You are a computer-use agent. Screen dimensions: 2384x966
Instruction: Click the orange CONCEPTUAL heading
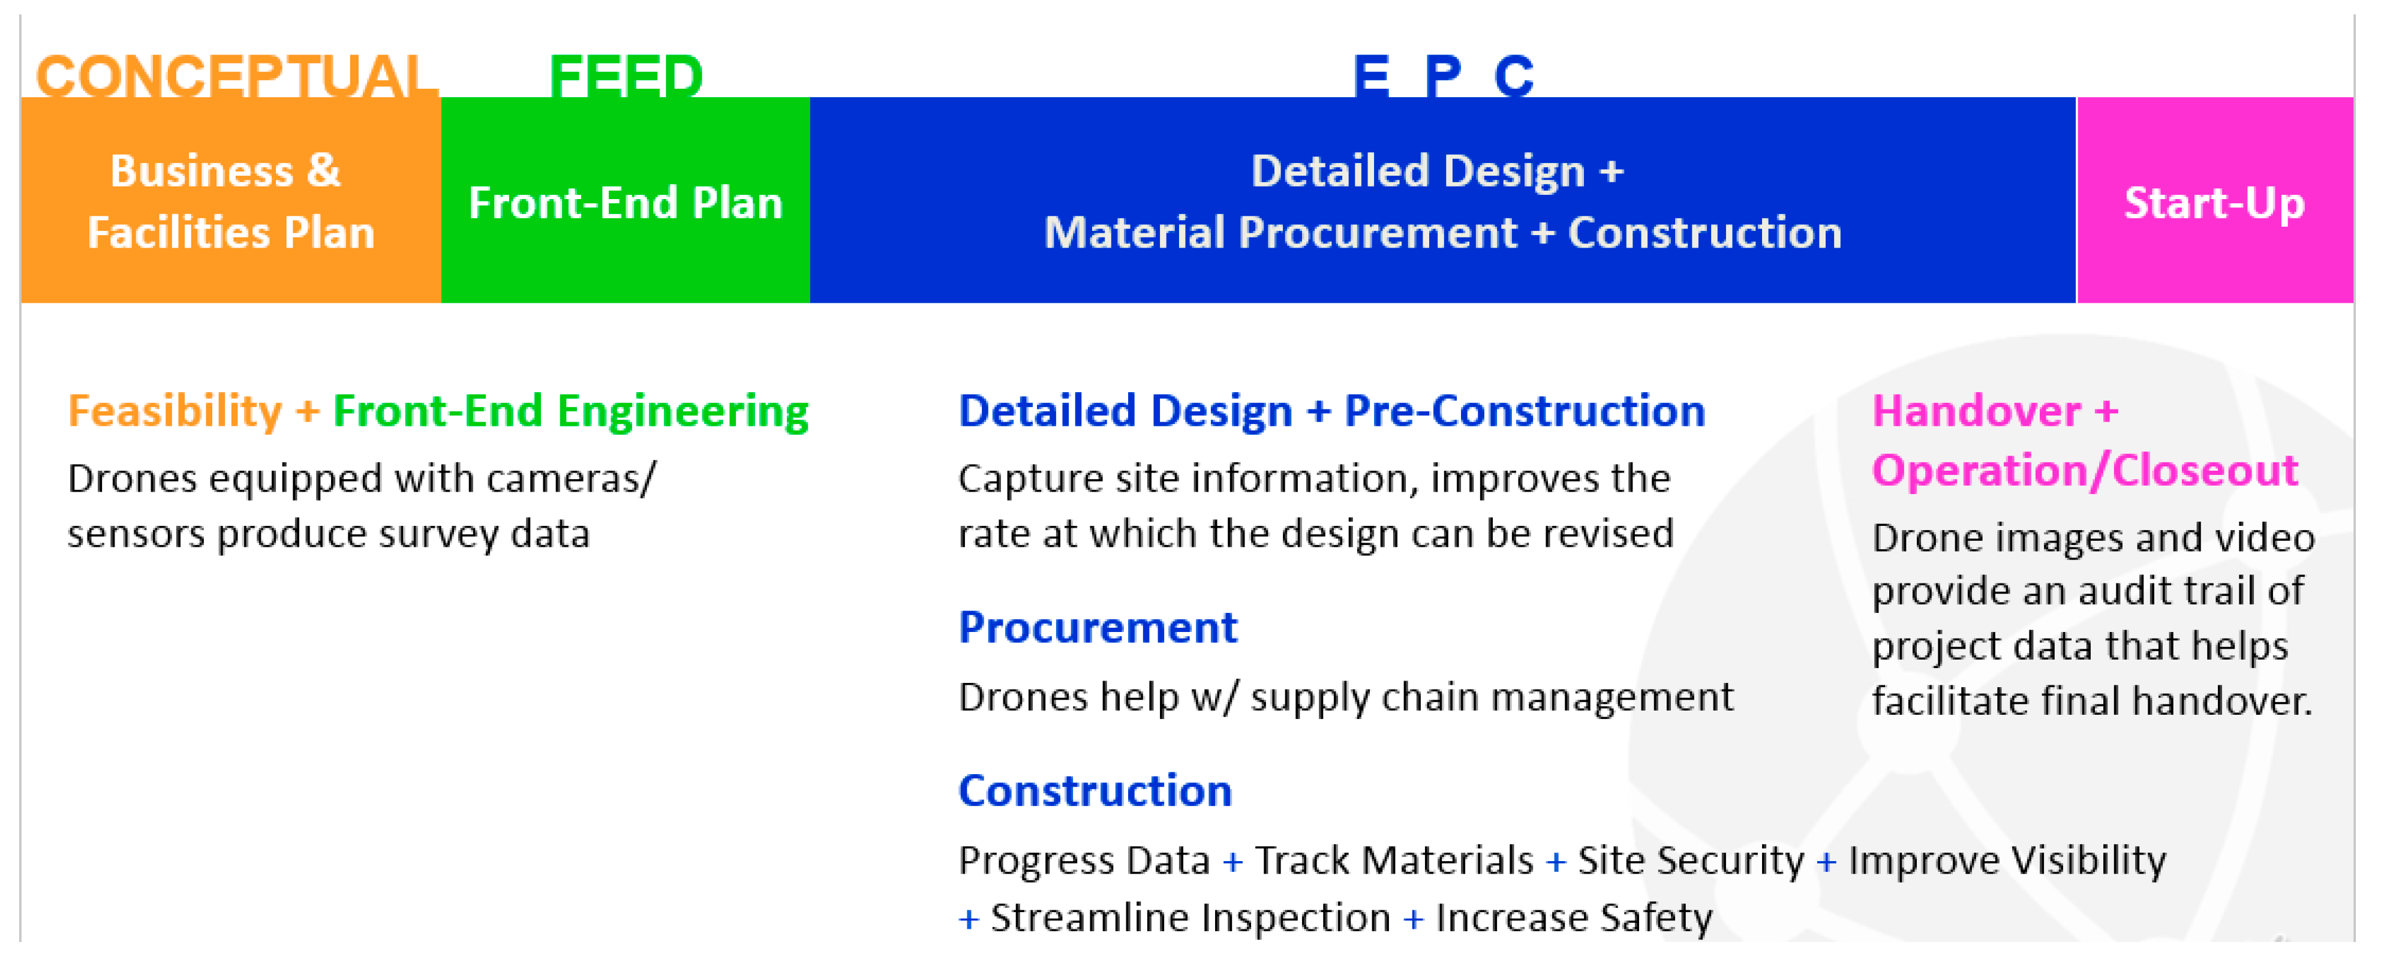pyautogui.click(x=236, y=74)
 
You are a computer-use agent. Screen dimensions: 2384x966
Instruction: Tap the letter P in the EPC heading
pyautogui.click(x=1443, y=74)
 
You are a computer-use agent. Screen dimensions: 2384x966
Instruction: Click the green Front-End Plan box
pyautogui.click(x=626, y=200)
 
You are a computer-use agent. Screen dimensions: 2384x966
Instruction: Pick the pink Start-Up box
pyautogui.click(x=2215, y=200)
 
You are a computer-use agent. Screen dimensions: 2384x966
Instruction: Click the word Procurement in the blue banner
pyautogui.click(x=1378, y=232)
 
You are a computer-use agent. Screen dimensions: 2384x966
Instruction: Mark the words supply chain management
pyautogui.click(x=1492, y=697)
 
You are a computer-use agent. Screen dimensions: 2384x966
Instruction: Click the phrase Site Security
pyautogui.click(x=1691, y=860)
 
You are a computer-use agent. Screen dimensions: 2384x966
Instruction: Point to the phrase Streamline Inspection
pyautogui.click(x=1190, y=918)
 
